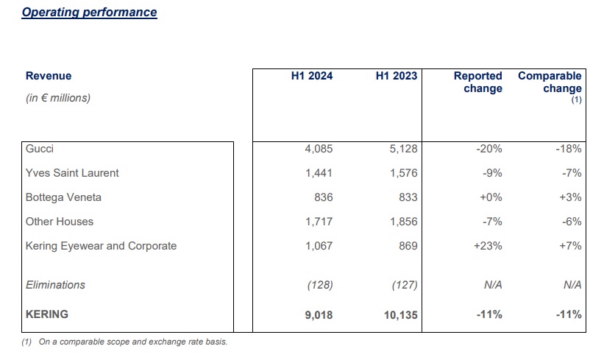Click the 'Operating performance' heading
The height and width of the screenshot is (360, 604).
(x=89, y=13)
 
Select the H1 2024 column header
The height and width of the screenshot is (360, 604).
(x=312, y=76)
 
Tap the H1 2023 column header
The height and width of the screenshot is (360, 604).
(x=396, y=76)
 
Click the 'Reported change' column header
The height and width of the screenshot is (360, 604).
(x=478, y=82)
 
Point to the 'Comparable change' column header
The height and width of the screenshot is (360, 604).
(x=550, y=82)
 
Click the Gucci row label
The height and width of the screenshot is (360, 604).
(x=40, y=149)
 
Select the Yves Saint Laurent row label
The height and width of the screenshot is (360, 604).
(x=72, y=173)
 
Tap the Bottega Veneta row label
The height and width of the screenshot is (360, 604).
(x=63, y=197)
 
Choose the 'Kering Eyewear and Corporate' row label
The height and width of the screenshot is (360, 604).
(x=101, y=246)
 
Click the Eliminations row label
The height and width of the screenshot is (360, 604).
(x=55, y=285)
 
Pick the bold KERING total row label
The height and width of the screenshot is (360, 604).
(x=46, y=314)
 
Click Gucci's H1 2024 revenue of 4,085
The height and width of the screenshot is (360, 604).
(x=319, y=149)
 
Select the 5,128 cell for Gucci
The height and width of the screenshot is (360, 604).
(x=403, y=149)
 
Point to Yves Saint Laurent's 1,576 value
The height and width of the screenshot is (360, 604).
(x=403, y=173)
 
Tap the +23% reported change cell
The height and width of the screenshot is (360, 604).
(x=488, y=246)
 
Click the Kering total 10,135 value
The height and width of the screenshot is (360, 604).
(x=399, y=314)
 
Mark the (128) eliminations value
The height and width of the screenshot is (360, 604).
(x=319, y=285)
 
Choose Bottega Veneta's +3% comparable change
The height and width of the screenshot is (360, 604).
(x=569, y=197)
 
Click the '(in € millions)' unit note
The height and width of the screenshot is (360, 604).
(x=58, y=98)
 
